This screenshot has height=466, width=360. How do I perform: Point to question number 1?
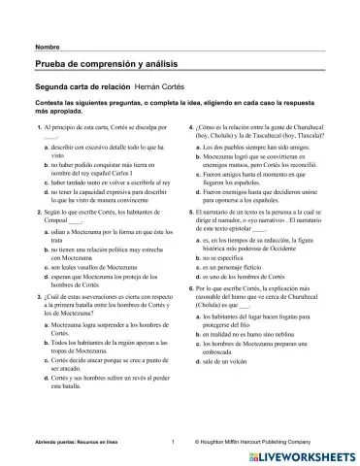(x=37, y=129)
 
